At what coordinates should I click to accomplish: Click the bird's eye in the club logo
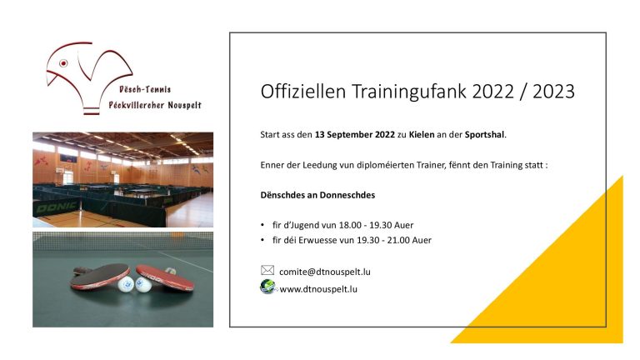pyautogui.click(x=63, y=63)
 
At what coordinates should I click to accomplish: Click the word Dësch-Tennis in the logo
pyautogui.click(x=145, y=89)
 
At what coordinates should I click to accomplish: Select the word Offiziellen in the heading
pyautogui.click(x=303, y=91)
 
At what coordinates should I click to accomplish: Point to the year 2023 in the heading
pyautogui.click(x=553, y=91)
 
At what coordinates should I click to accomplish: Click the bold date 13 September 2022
pyautogui.click(x=355, y=135)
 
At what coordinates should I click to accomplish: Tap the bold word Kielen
pyautogui.click(x=422, y=134)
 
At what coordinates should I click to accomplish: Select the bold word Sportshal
pyautogui.click(x=484, y=135)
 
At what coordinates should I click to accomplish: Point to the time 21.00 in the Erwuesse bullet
pyautogui.click(x=399, y=240)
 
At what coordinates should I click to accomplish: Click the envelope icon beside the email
pyautogui.click(x=267, y=270)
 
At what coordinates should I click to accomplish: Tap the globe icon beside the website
pyautogui.click(x=267, y=287)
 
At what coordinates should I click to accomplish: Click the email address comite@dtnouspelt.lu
pyautogui.click(x=325, y=272)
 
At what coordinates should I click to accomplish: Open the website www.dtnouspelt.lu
pyautogui.click(x=318, y=289)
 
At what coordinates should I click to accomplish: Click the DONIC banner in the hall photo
pyautogui.click(x=57, y=207)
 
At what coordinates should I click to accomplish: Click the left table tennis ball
pyautogui.click(x=126, y=283)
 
